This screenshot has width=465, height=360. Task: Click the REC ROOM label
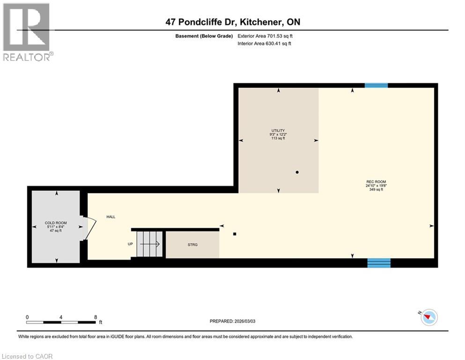click(x=376, y=181)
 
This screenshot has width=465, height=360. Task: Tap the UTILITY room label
click(x=278, y=130)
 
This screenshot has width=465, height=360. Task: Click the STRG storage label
click(x=192, y=244)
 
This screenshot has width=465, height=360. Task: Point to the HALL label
click(x=110, y=217)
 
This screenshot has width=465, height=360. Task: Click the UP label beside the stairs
click(x=131, y=244)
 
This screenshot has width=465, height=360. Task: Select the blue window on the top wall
click(x=376, y=85)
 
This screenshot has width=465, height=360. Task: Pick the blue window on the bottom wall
click(x=378, y=262)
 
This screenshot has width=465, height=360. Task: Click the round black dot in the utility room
click(x=297, y=172)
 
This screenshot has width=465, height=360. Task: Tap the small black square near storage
click(x=235, y=234)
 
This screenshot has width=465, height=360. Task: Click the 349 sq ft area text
click(x=376, y=189)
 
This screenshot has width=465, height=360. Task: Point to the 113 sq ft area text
click(x=278, y=138)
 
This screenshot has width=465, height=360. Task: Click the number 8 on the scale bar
click(x=96, y=316)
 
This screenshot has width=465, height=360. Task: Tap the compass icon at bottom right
click(x=428, y=318)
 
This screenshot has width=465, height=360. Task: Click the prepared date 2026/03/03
click(x=232, y=321)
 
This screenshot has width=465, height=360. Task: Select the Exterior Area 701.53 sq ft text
click(x=267, y=36)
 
